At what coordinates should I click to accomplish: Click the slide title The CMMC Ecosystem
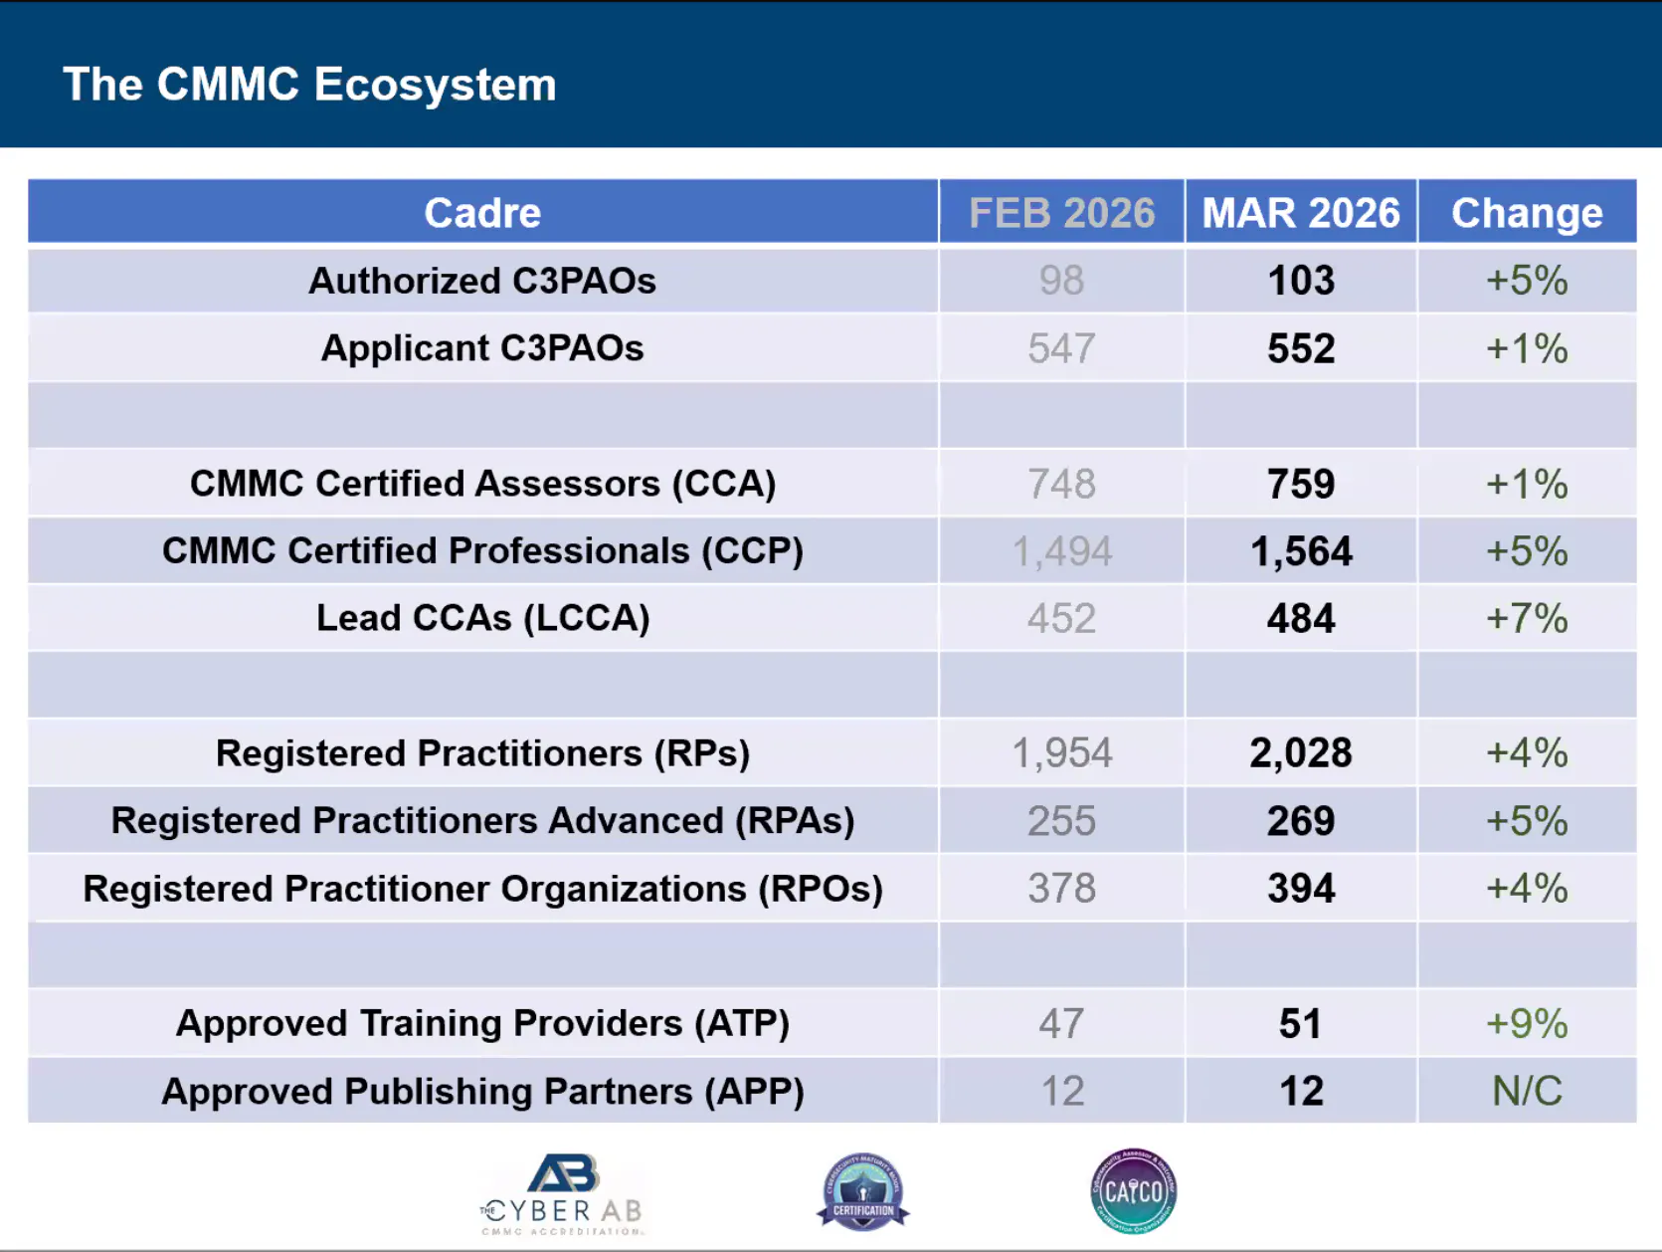[x=309, y=85]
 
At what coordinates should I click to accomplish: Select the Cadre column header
[x=482, y=213]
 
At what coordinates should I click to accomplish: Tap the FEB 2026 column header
[x=1061, y=213]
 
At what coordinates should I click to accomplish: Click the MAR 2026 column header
[x=1300, y=213]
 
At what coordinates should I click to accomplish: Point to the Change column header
[x=1527, y=213]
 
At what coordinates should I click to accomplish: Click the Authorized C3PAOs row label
[x=482, y=281]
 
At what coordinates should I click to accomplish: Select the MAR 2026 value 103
[x=1301, y=281]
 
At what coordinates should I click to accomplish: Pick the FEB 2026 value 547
[x=1061, y=348]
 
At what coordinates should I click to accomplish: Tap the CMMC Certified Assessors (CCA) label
[x=482, y=484]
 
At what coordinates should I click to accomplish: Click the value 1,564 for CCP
[x=1301, y=551]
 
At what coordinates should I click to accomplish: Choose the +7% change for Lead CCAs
[x=1527, y=619]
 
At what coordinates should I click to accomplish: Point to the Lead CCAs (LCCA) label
[x=482, y=618]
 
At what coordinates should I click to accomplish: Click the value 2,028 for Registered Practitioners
[x=1301, y=753]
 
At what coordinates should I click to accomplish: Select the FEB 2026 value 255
[x=1061, y=821]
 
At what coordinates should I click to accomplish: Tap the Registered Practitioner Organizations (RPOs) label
[x=482, y=889]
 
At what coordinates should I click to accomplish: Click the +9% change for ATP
[x=1527, y=1024]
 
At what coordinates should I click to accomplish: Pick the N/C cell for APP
[x=1527, y=1092]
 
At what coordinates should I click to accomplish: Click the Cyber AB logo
[x=563, y=1193]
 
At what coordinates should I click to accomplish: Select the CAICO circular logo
[x=1133, y=1190]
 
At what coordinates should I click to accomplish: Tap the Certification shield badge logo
[x=862, y=1191]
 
